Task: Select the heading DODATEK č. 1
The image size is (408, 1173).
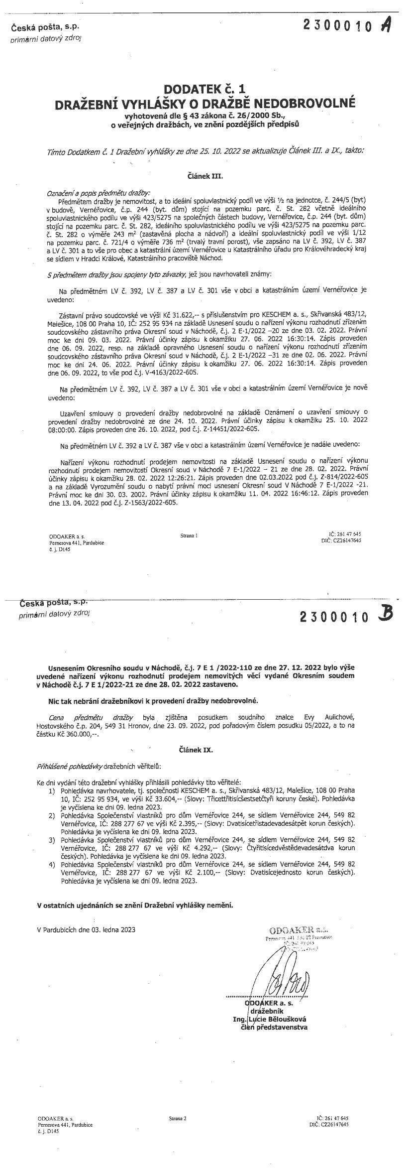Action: pos(205,90)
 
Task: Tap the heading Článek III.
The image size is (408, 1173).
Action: pos(204,176)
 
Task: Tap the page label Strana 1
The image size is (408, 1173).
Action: pos(189,535)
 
